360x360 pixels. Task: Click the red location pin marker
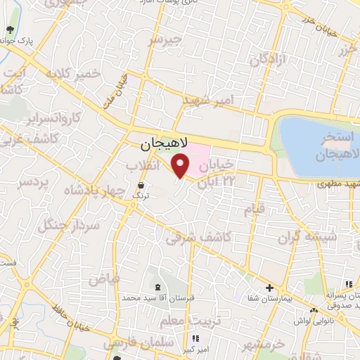point(181,166)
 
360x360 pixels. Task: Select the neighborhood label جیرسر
point(165,41)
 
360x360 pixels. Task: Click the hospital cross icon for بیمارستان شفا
point(270,288)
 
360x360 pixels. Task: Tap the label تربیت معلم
point(185,321)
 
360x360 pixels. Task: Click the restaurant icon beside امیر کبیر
point(195,337)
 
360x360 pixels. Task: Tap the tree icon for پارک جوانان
point(10,30)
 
